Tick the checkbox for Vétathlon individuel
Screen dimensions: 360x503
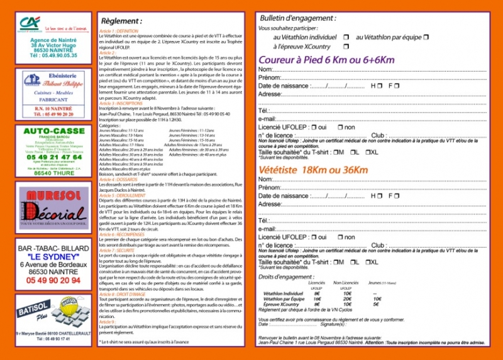pos(346,37)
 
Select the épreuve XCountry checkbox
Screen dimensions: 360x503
pos(346,46)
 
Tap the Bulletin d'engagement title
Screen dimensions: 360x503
pos(297,19)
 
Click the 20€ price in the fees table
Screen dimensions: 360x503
pos(348,299)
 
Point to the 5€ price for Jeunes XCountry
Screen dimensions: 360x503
pos(375,304)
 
